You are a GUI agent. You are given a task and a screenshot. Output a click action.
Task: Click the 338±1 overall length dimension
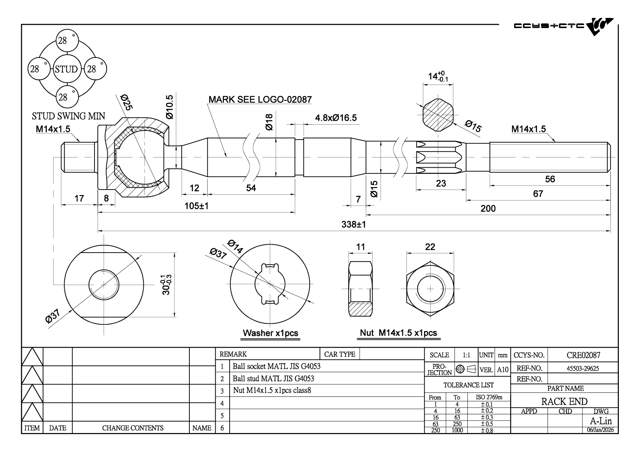click(x=354, y=225)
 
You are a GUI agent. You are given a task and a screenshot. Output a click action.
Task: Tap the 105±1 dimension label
click(x=196, y=206)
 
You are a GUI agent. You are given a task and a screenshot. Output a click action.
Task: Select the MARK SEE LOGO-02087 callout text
click(x=260, y=100)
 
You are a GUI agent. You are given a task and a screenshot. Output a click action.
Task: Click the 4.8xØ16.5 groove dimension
click(x=336, y=118)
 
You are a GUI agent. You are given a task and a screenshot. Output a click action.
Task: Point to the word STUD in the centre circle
click(x=66, y=69)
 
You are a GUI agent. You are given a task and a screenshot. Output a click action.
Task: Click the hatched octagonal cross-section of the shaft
click(x=438, y=115)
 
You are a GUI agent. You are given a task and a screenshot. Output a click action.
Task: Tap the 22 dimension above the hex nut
click(x=430, y=247)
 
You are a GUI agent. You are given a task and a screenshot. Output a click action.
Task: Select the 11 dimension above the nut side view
click(x=361, y=247)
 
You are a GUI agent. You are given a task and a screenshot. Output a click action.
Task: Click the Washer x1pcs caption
click(x=270, y=333)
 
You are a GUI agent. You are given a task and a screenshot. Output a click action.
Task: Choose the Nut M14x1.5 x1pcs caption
click(x=398, y=332)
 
